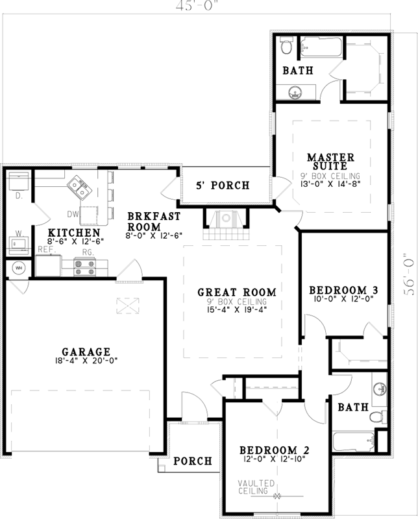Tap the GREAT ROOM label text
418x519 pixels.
pos(237,292)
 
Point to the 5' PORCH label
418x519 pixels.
pos(223,186)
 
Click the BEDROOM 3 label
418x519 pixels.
pos(343,290)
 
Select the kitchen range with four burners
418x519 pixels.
pos(85,267)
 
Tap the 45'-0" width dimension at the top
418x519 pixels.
pos(206,6)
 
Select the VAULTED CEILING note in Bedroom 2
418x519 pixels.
pos(255,487)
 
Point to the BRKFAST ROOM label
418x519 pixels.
pos(145,221)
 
